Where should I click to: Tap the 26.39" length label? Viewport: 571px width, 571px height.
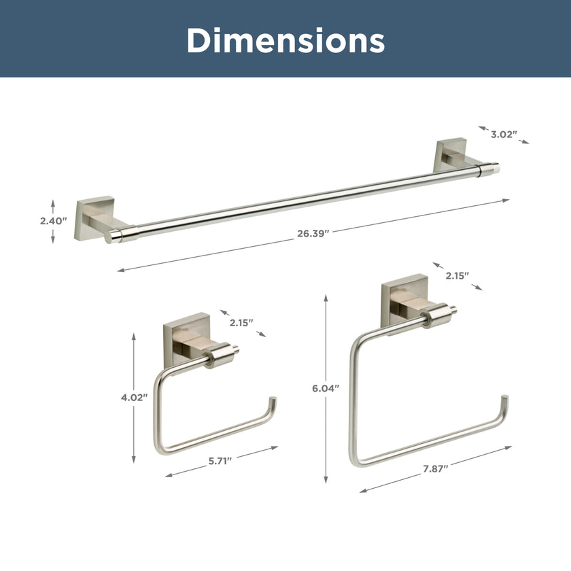pos(313,233)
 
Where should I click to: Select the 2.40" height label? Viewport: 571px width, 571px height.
pos(54,221)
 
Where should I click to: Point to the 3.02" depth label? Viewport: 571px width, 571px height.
pos(504,134)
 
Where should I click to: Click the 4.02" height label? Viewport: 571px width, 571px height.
pos(134,398)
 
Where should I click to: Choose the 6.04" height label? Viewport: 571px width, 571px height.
pos(326,388)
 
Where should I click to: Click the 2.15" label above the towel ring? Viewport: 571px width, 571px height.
pos(457,275)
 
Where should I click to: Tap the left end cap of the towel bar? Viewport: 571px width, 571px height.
pos(114,236)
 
